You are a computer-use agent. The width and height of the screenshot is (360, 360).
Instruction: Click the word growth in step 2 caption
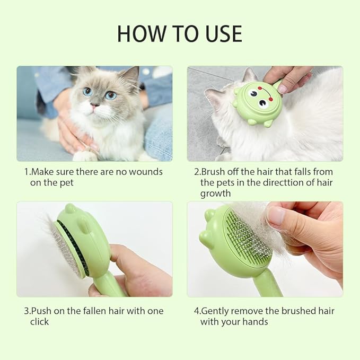tap(215, 193)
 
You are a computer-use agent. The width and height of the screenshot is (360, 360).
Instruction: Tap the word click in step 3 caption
tap(39, 321)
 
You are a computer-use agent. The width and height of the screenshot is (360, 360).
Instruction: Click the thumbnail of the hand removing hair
tap(265, 249)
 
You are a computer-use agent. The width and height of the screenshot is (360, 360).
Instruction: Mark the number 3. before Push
tap(27, 311)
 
